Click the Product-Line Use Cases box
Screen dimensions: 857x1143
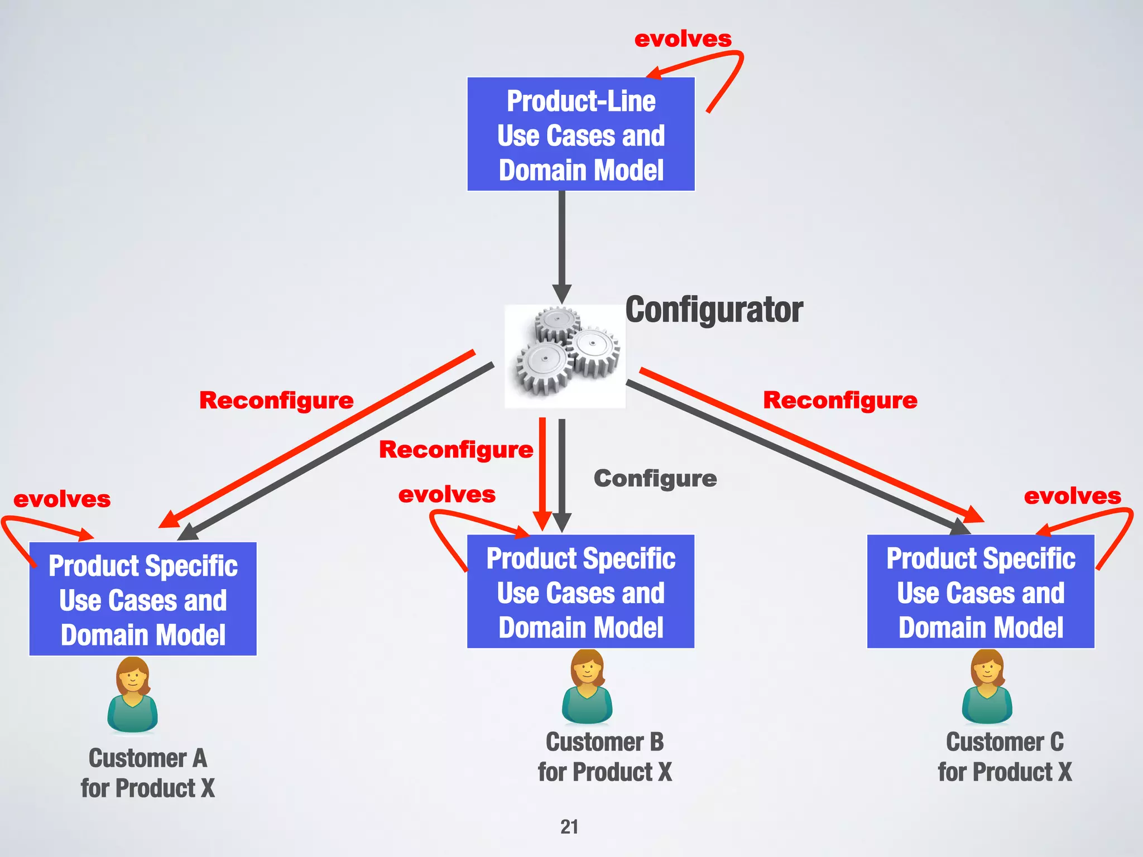tap(580, 134)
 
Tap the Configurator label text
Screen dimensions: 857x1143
tap(714, 310)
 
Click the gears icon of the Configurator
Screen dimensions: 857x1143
tap(565, 356)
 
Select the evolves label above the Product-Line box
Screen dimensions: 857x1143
tap(683, 39)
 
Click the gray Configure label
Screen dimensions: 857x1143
tap(655, 479)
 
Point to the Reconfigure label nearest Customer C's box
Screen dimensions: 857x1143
tap(840, 400)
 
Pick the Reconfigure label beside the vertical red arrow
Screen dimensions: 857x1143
tap(456, 449)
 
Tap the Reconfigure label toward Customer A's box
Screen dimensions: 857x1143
tap(276, 400)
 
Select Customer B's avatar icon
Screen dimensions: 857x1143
tap(587, 687)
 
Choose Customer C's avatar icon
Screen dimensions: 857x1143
tap(987, 687)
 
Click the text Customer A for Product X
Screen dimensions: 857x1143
tap(148, 773)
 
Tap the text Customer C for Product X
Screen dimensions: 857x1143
tap(1005, 757)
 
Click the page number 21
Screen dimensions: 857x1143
tap(569, 826)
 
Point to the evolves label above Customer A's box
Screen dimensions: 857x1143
tap(62, 499)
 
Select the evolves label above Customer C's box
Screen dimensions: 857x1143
tap(1072, 496)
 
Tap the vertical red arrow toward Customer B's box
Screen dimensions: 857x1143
tap(542, 469)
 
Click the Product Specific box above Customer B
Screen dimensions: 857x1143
tap(580, 591)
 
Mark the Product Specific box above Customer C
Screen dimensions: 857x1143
tap(981, 591)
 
